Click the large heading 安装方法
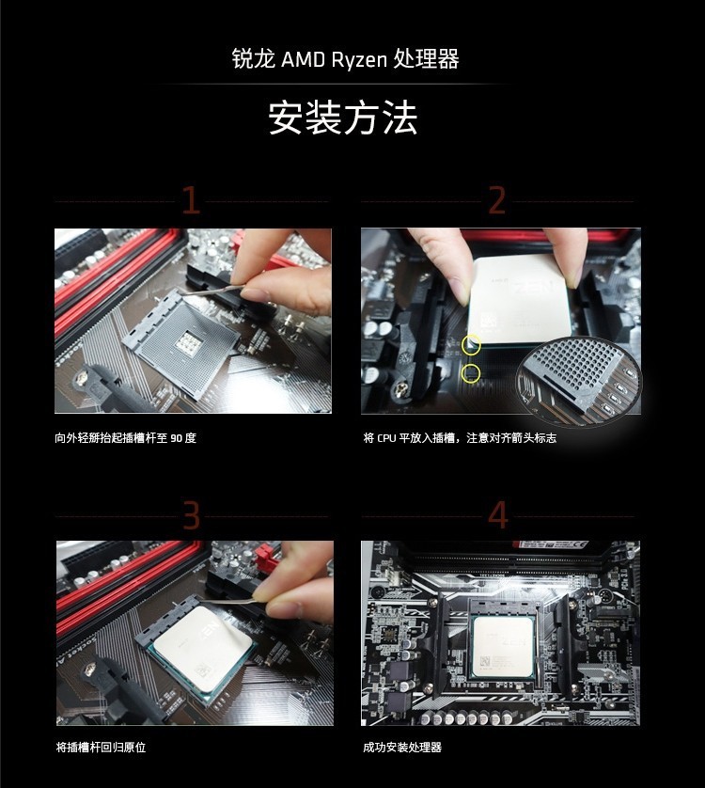(343, 118)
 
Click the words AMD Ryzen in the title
(334, 60)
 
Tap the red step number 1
(191, 200)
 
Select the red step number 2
(496, 200)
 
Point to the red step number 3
(191, 515)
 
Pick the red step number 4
(498, 515)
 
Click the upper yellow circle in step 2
(471, 345)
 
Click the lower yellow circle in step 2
(470, 373)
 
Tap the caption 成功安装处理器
(402, 748)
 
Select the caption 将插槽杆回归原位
(101, 748)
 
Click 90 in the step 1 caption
(176, 438)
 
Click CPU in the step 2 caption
(386, 438)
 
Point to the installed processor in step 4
(504, 646)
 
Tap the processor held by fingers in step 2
(520, 300)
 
